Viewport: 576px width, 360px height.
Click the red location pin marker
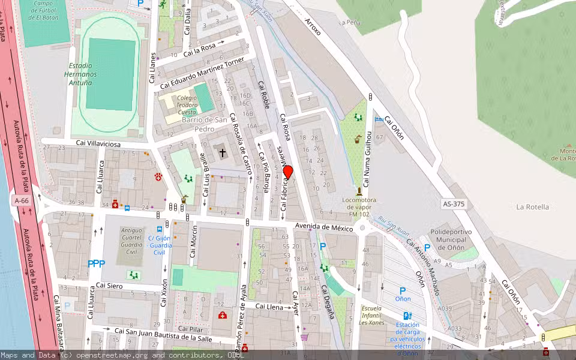coord(287,172)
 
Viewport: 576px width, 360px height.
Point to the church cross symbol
coord(223,152)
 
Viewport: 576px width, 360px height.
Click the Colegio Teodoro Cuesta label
coord(187,105)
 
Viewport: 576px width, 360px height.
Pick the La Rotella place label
coord(532,207)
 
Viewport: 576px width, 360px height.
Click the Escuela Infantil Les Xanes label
coord(371,315)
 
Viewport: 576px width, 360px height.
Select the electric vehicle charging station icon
coord(408,316)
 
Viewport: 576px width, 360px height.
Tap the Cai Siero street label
coord(109,286)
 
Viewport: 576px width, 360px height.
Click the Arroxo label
coord(313,26)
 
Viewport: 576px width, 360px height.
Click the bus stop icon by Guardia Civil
coord(160,229)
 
